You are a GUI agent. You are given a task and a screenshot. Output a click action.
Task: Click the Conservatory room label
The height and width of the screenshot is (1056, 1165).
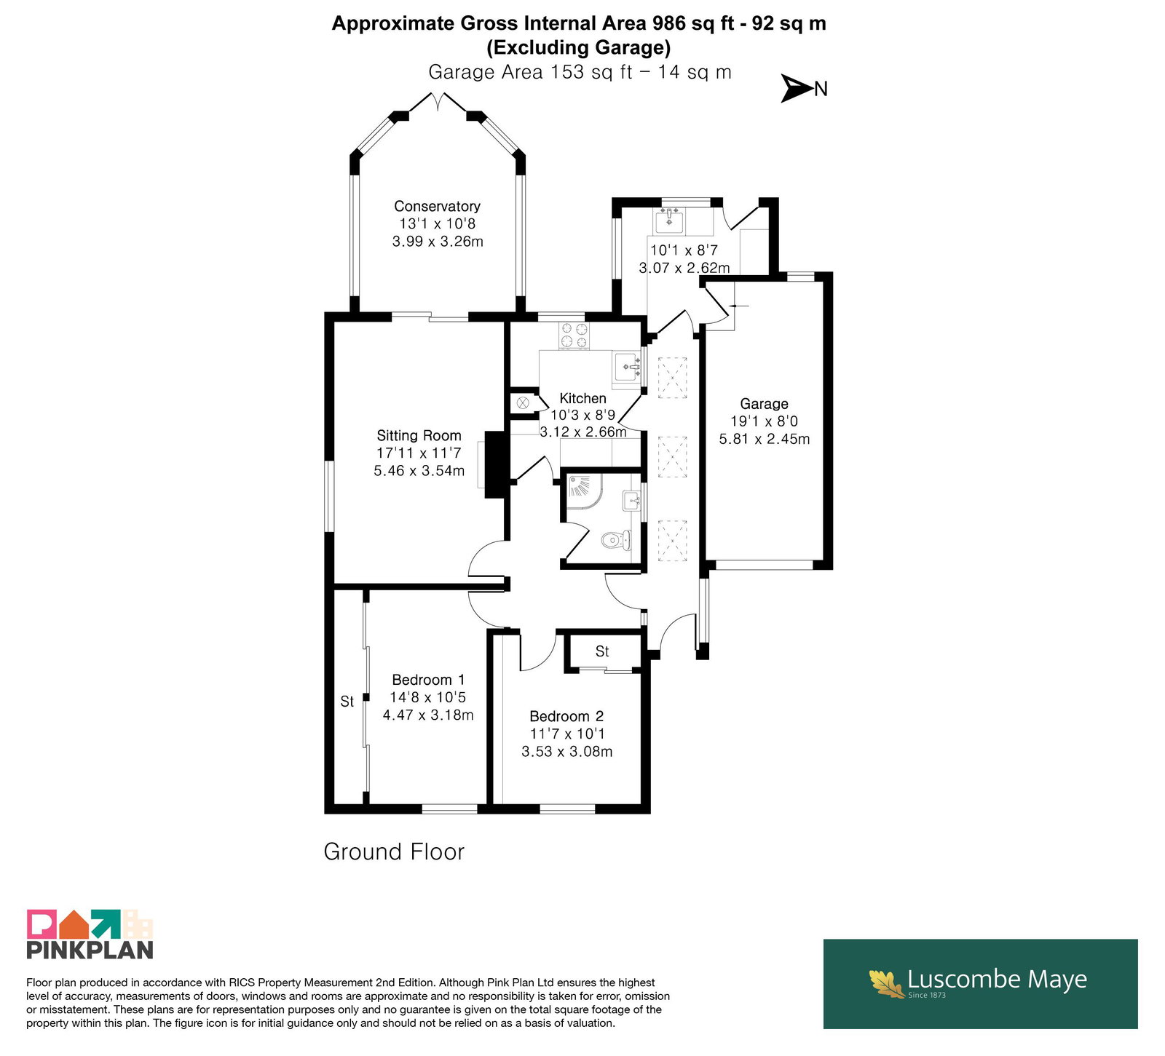(437, 206)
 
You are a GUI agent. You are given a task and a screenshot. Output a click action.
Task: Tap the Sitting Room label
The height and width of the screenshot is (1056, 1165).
(419, 435)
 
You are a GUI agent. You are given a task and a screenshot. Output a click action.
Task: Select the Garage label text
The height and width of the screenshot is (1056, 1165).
(764, 404)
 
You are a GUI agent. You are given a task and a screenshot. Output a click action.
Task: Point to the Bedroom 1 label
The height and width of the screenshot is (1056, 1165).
(428, 680)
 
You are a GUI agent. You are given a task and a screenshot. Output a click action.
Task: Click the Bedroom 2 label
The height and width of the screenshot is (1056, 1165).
(566, 716)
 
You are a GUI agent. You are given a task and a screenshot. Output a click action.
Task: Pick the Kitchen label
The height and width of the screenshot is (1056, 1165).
(582, 398)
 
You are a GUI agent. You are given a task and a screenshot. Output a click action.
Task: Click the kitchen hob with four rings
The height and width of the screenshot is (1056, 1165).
(574, 335)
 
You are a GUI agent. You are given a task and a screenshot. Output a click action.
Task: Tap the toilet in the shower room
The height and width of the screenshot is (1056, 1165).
(617, 540)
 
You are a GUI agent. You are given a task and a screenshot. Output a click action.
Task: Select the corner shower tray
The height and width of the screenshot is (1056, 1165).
(584, 492)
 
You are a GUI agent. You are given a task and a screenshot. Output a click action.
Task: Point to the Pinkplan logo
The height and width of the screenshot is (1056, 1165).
(90, 934)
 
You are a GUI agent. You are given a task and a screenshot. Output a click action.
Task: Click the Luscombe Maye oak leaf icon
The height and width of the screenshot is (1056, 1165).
(886, 982)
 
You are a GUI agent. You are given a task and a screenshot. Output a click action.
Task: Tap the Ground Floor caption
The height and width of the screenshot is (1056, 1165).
(394, 851)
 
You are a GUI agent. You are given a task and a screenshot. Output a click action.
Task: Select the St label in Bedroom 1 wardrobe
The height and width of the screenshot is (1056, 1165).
(347, 702)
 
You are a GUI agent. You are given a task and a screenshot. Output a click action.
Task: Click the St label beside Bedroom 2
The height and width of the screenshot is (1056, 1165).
(602, 651)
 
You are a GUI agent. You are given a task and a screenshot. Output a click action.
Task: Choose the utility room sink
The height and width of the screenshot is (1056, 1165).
(669, 217)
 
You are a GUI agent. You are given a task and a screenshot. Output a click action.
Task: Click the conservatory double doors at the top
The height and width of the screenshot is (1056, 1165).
(438, 102)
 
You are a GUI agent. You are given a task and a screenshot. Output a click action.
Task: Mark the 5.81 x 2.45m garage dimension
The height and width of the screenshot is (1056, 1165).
(765, 439)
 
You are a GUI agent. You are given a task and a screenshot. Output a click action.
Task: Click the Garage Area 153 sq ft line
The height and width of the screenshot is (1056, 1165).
(580, 72)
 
